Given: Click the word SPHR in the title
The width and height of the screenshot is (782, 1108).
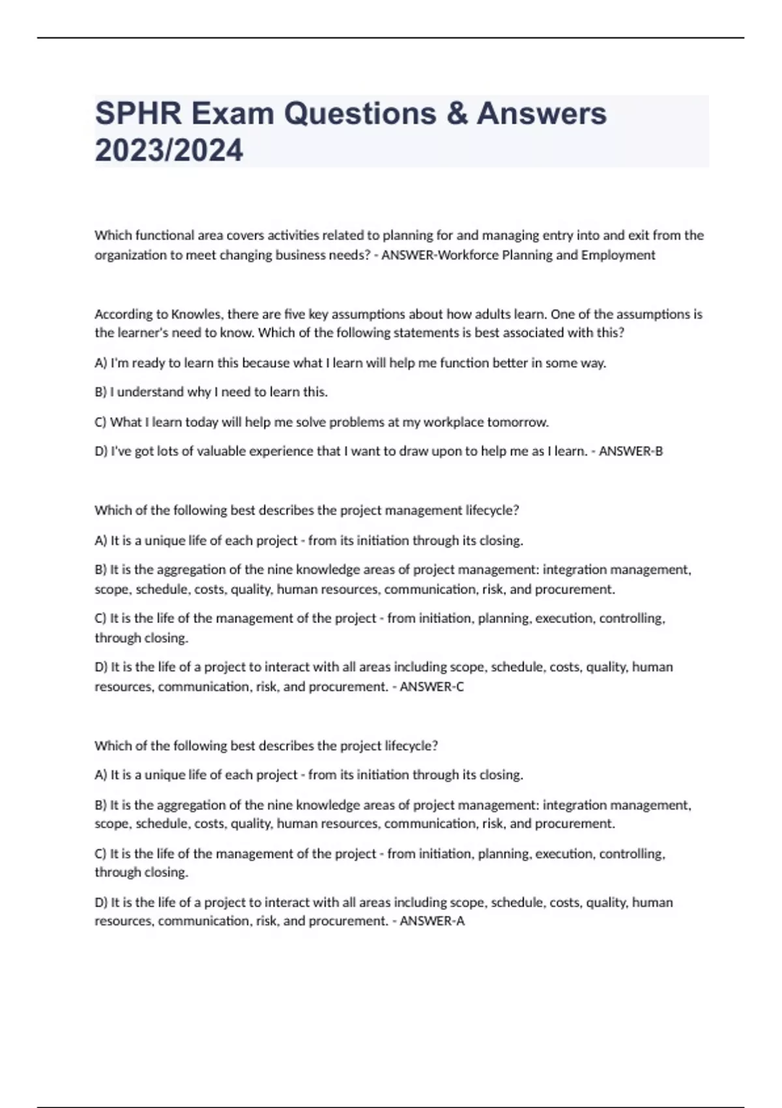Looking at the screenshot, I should (138, 113).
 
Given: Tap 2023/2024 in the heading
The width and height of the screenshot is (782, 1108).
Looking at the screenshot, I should (169, 150).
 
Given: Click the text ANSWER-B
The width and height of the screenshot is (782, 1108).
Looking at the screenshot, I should (630, 451).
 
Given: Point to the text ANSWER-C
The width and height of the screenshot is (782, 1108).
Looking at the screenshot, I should (431, 686).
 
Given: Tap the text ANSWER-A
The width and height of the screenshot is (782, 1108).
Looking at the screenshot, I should (431, 921).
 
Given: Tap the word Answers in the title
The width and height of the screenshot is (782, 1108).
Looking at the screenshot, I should (542, 113).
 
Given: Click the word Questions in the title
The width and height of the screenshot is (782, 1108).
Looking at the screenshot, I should (360, 113).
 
